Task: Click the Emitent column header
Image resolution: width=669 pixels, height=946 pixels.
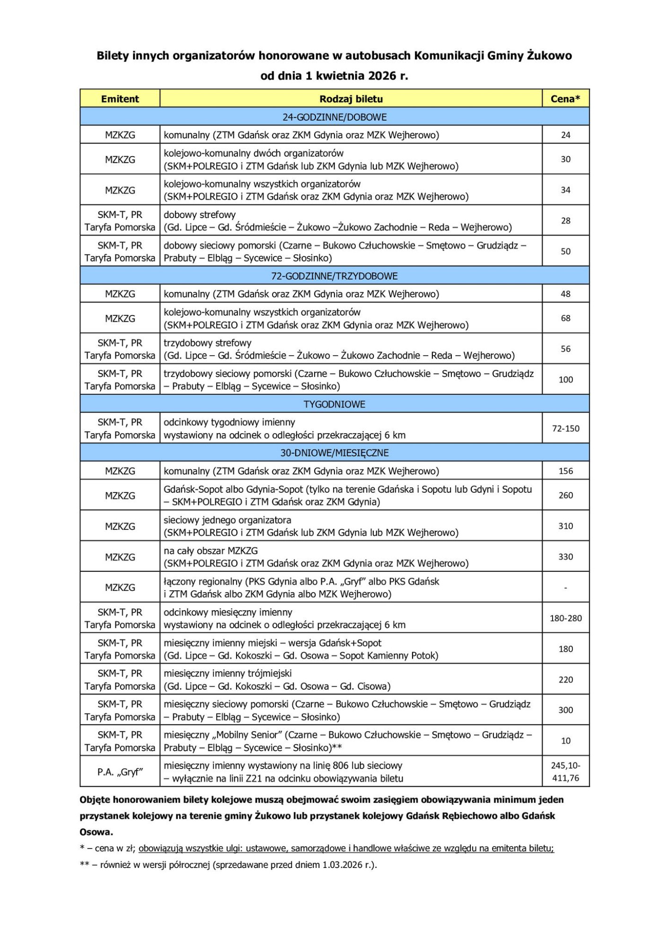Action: [x=120, y=99]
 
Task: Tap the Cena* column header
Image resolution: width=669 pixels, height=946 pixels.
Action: [x=565, y=99]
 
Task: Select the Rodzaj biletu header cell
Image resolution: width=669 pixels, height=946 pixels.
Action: [x=351, y=99]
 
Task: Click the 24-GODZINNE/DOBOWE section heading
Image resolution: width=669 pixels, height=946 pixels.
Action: [x=334, y=117]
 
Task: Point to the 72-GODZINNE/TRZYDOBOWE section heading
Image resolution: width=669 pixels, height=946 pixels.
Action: [x=334, y=276]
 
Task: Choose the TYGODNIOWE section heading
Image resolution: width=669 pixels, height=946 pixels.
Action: [x=334, y=404]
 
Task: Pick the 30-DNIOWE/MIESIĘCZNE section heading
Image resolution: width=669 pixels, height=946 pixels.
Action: [x=334, y=453]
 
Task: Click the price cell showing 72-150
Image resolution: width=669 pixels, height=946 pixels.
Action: [x=565, y=429]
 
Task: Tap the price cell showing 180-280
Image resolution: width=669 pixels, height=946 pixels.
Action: [x=565, y=618]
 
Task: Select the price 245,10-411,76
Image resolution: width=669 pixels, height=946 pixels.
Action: [x=565, y=771]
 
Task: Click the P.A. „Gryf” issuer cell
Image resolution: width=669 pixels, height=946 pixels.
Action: [x=120, y=772]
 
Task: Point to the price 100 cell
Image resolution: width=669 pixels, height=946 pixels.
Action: [x=565, y=379]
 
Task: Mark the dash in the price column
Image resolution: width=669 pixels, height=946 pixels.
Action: [x=565, y=588]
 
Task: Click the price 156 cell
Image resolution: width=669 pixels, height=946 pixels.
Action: [x=565, y=471]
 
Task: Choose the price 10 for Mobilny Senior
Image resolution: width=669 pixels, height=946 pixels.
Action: [x=565, y=741]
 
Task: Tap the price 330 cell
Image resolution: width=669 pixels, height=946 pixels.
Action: [x=565, y=557]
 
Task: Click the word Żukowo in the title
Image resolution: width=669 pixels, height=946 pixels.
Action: [x=549, y=56]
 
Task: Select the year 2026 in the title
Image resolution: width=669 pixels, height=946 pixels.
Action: [x=381, y=76]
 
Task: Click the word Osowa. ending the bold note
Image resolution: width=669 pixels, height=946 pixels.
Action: [x=96, y=832]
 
